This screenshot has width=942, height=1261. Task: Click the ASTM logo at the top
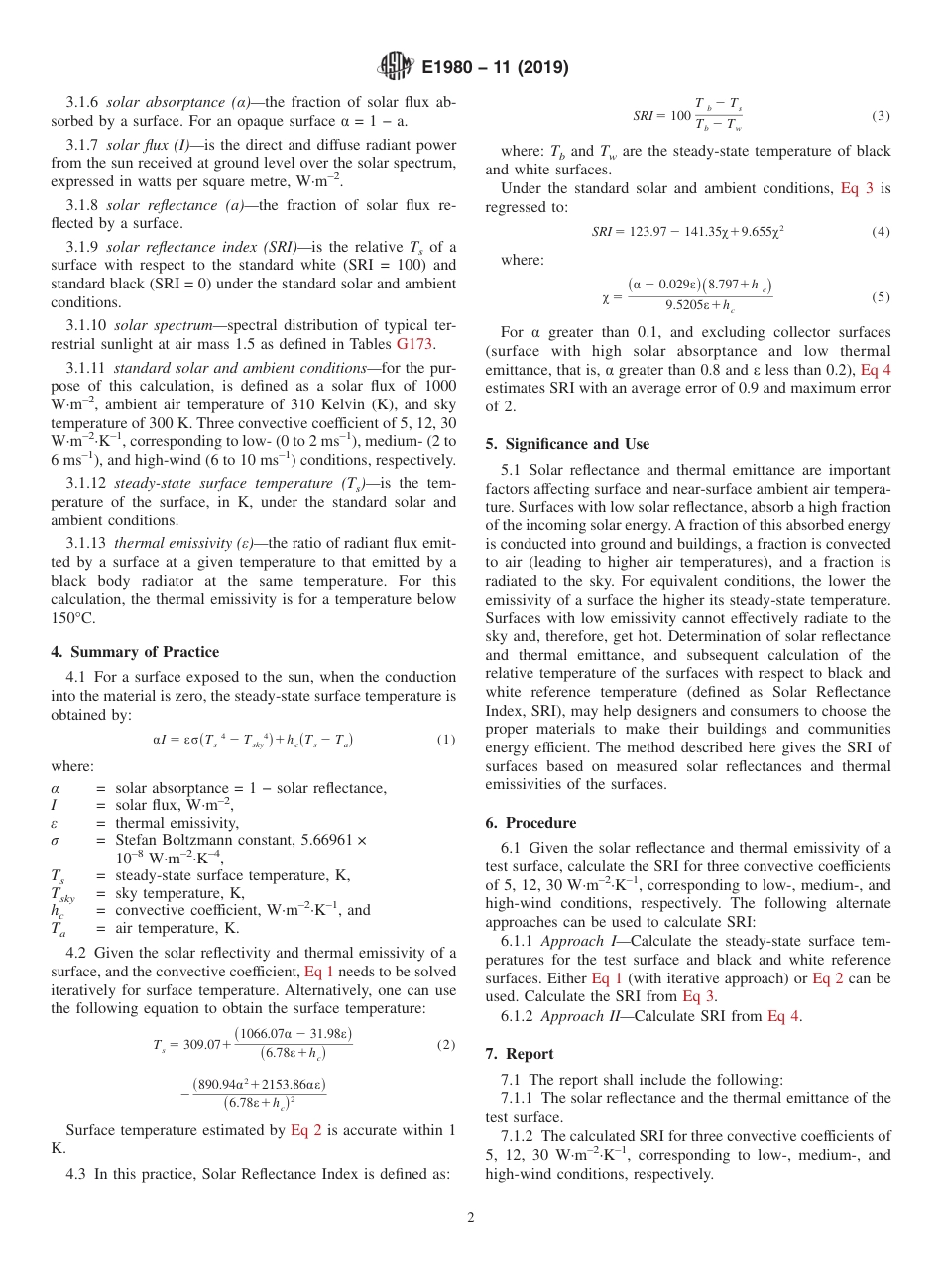coord(395,68)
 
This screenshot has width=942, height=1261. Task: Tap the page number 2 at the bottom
coord(471,1218)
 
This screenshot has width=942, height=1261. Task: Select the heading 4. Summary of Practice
coord(135,652)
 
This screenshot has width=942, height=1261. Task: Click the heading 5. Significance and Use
coord(567,444)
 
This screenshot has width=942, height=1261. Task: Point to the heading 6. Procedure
coord(530,823)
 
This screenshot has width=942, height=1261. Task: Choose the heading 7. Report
coord(520,1053)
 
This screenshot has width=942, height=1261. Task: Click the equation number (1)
coord(445,740)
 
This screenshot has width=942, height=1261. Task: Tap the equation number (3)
coord(880,116)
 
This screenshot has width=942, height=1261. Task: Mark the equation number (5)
coord(880,297)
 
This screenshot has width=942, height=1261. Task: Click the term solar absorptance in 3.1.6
coord(151,103)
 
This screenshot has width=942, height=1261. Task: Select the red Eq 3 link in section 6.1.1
coord(699,996)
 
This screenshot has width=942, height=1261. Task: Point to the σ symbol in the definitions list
coord(56,840)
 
